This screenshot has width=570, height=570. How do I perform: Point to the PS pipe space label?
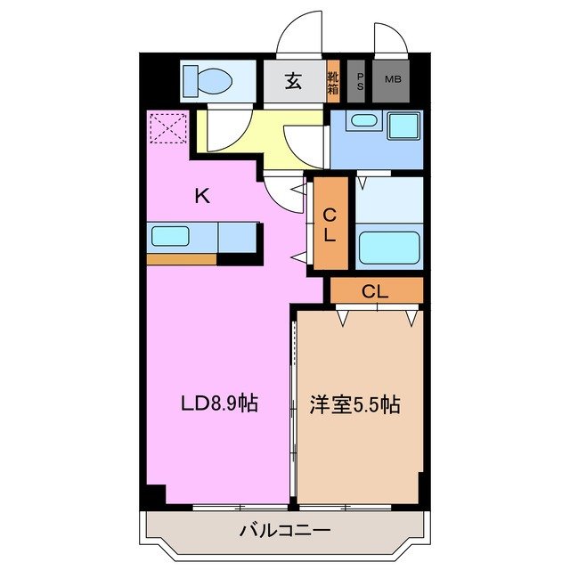coord(360,81)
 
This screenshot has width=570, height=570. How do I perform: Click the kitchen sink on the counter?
coord(169,237)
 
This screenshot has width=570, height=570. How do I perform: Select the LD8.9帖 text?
coord(220,403)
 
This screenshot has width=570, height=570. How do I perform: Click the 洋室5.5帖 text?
coord(354,404)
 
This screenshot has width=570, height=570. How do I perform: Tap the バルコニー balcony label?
coord(285,531)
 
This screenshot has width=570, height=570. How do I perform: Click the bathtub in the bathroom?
coord(389,248)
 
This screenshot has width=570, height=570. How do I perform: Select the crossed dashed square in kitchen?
coord(167,127)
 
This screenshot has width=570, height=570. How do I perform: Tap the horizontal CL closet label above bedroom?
coord(375,290)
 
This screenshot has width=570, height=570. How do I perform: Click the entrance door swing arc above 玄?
coord(299,36)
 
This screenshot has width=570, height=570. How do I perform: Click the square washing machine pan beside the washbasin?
coord(405,125)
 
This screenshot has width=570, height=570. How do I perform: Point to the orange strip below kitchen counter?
coord(182,259)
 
